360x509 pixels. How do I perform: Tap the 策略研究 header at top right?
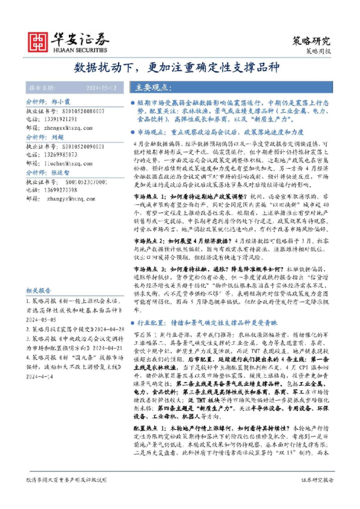[312, 41]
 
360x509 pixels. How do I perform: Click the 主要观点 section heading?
[151, 87]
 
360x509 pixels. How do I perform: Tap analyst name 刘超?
[57, 138]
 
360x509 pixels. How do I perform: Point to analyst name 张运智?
[61, 172]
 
